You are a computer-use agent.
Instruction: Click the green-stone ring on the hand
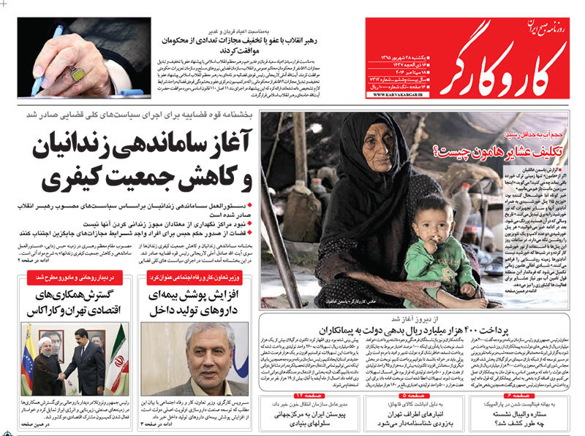click(77, 72)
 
